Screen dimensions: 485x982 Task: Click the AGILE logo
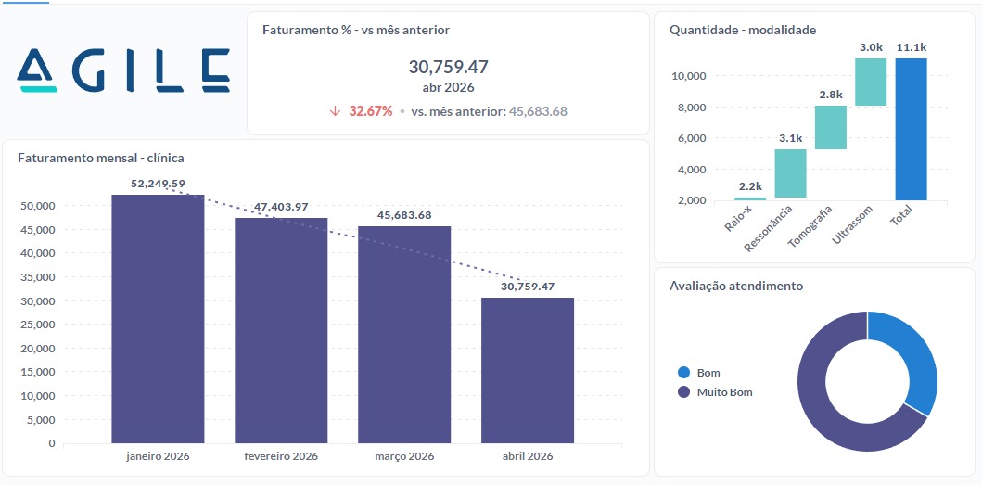coord(123,70)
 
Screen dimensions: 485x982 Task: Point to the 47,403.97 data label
coord(281,207)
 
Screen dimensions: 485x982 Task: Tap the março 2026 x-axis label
coord(404,456)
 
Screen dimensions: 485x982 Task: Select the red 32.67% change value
coord(370,111)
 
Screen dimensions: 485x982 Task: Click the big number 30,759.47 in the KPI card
coord(448,67)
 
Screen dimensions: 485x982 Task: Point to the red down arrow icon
coord(335,111)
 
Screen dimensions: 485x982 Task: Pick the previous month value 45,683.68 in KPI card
coord(535,111)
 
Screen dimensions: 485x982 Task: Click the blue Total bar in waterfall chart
coord(911,129)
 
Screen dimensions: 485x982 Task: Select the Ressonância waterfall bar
coord(790,173)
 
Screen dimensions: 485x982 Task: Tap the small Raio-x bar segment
coord(750,198)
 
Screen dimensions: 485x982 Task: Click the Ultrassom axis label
coord(852,225)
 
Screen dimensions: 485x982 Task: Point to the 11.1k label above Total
coord(911,47)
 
